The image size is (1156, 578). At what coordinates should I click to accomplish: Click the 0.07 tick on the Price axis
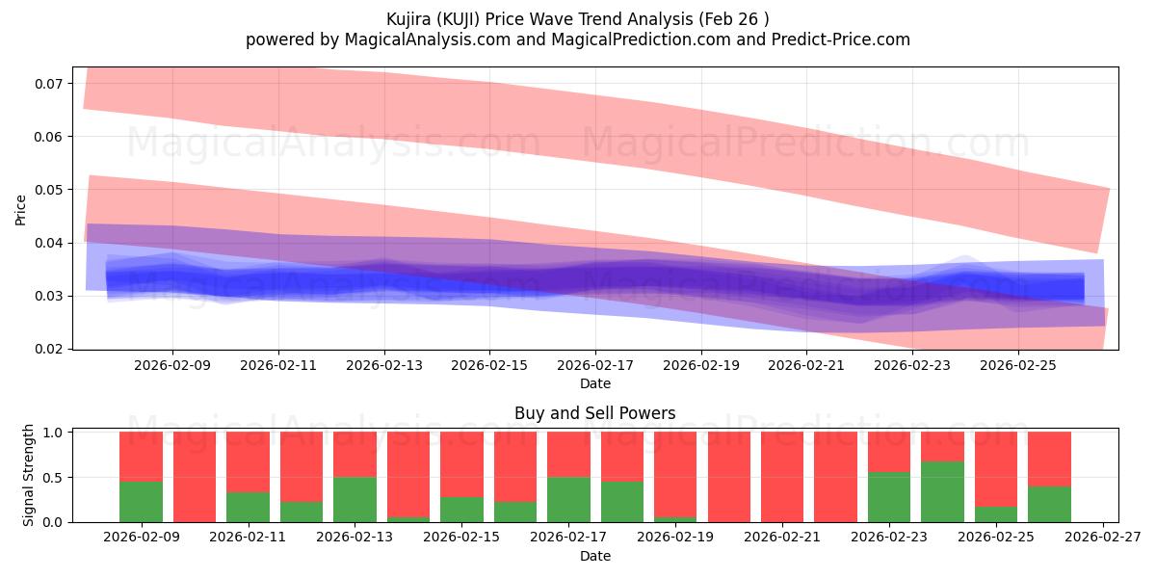click(48, 84)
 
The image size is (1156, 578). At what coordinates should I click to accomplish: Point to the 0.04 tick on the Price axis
click(48, 243)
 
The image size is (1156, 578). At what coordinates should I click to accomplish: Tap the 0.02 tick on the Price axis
click(48, 349)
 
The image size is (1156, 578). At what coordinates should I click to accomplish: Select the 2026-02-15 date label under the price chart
click(489, 366)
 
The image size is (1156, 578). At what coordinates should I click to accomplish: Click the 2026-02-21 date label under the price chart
click(806, 366)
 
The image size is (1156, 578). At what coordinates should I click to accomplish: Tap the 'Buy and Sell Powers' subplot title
click(594, 413)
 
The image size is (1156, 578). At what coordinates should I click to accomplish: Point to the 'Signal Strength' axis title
click(29, 474)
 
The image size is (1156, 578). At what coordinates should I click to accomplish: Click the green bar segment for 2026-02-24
click(942, 491)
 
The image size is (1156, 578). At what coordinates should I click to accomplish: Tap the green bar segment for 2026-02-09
click(141, 502)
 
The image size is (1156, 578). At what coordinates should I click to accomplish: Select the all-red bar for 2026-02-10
click(195, 477)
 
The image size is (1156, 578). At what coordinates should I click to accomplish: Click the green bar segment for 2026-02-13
click(355, 499)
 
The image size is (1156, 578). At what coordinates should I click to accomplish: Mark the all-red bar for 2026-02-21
click(782, 477)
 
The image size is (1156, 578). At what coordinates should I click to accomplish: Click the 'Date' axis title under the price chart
click(594, 383)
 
